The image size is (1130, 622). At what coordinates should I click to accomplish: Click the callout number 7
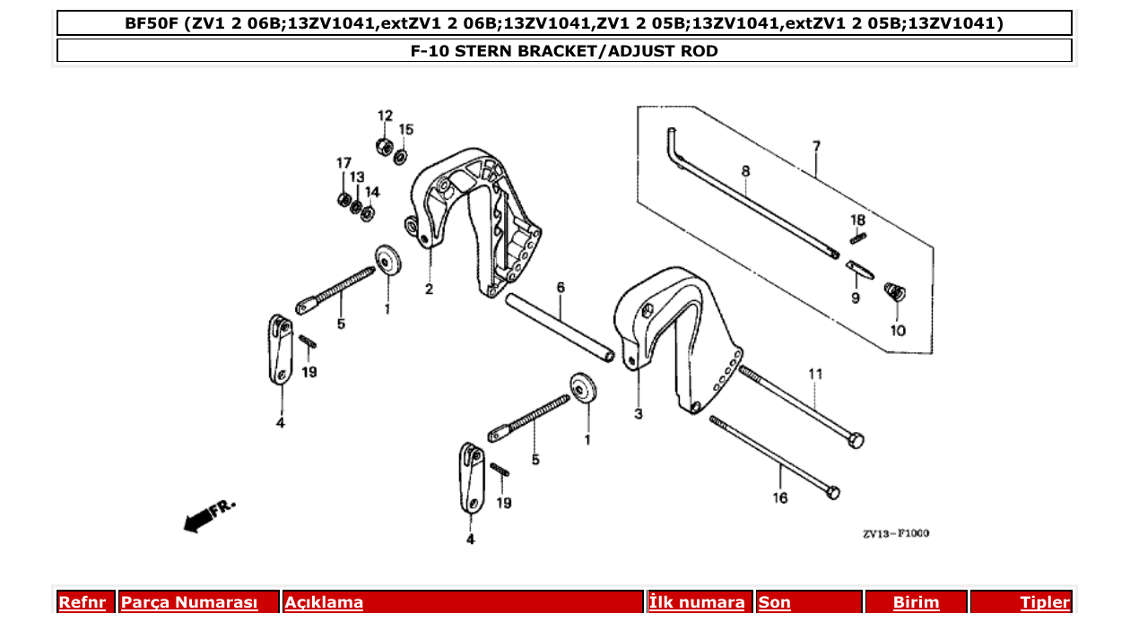tap(816, 145)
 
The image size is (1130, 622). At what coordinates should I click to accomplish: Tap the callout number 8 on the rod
tap(745, 170)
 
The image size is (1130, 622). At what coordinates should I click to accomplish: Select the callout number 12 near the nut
tap(385, 116)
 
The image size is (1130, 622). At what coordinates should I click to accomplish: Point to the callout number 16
tap(779, 497)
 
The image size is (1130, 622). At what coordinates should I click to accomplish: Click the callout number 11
tap(814, 373)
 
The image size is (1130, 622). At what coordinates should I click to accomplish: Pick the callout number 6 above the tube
tap(561, 288)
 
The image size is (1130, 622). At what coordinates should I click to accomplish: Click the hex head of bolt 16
tap(832, 492)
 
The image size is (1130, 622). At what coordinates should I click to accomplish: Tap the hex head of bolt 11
tap(856, 440)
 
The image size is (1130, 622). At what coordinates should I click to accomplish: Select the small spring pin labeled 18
tap(857, 238)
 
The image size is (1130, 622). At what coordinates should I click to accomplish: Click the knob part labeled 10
tap(894, 292)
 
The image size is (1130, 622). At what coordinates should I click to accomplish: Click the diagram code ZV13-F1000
tap(896, 533)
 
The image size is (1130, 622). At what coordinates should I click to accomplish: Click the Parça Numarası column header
tap(189, 602)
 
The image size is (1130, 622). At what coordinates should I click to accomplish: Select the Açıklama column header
tap(324, 602)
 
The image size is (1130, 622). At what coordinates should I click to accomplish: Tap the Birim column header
tap(916, 602)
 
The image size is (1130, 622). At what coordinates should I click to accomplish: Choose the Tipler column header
tap(1044, 602)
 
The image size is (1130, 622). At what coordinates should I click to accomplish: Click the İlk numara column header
tap(696, 602)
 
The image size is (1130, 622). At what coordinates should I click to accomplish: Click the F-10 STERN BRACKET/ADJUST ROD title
tap(564, 51)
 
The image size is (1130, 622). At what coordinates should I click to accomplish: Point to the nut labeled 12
tap(380, 145)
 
